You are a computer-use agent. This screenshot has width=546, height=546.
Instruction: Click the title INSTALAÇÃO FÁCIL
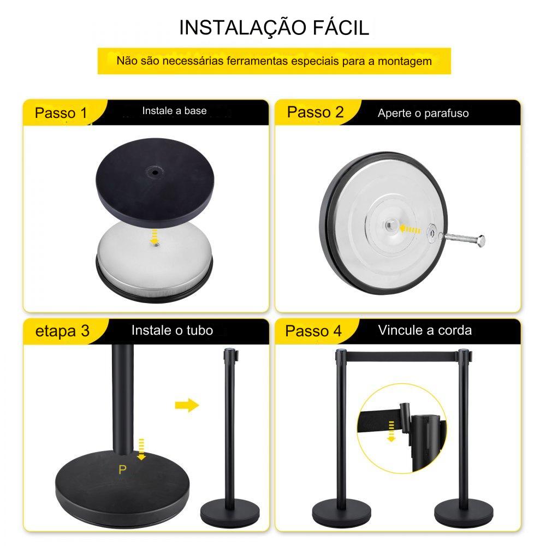[274, 27]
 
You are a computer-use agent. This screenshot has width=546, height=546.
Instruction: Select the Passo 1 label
[61, 113]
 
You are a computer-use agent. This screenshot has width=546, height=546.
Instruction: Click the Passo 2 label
[316, 112]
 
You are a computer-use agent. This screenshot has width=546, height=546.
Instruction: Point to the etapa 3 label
[63, 331]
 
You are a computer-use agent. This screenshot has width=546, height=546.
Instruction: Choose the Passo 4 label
[313, 331]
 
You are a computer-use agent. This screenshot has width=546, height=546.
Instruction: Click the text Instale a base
[175, 111]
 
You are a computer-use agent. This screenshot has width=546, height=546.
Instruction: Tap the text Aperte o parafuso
[423, 113]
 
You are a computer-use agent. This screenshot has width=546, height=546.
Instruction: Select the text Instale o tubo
[173, 330]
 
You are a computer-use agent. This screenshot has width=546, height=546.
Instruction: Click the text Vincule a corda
[425, 330]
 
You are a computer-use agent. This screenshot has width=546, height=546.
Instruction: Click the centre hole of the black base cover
[155, 172]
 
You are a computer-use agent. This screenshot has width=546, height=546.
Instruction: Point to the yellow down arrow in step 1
[154, 237]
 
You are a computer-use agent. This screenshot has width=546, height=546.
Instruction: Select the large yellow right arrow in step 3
[187, 405]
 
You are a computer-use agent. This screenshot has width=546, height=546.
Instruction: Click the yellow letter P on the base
[122, 470]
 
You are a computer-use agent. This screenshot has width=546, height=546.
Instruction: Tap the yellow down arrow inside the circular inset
[391, 431]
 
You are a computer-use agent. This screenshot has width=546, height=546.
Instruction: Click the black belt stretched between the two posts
[402, 356]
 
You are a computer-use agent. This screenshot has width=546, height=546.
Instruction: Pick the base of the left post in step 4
[341, 513]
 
